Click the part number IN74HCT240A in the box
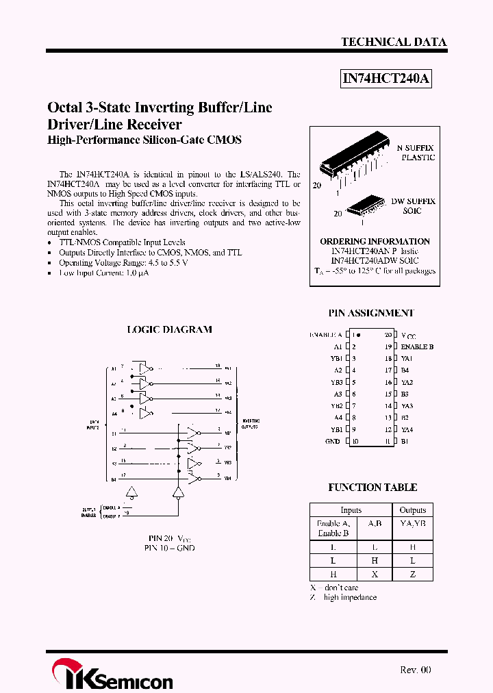point(386,79)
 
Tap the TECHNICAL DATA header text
point(394,42)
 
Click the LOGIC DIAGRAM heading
point(170,329)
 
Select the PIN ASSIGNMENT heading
point(371,313)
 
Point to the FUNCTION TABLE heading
point(372,488)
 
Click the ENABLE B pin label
point(417,347)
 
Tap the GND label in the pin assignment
point(332,442)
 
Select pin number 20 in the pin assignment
point(388,335)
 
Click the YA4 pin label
point(407,430)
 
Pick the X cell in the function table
point(374,573)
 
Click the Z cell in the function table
point(412,573)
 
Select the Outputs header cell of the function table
point(412,510)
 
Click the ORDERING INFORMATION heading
point(375,242)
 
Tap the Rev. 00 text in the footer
point(415,670)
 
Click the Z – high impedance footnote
point(343,598)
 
